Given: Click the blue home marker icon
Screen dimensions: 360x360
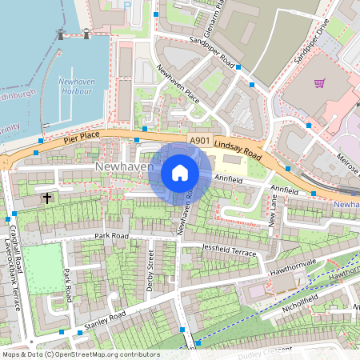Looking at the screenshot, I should click(x=180, y=173).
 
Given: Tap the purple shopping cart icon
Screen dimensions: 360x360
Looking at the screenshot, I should click(x=320, y=82).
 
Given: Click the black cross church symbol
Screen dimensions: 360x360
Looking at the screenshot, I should click(x=46, y=197).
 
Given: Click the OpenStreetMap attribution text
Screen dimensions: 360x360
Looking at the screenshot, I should click(x=80, y=354).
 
